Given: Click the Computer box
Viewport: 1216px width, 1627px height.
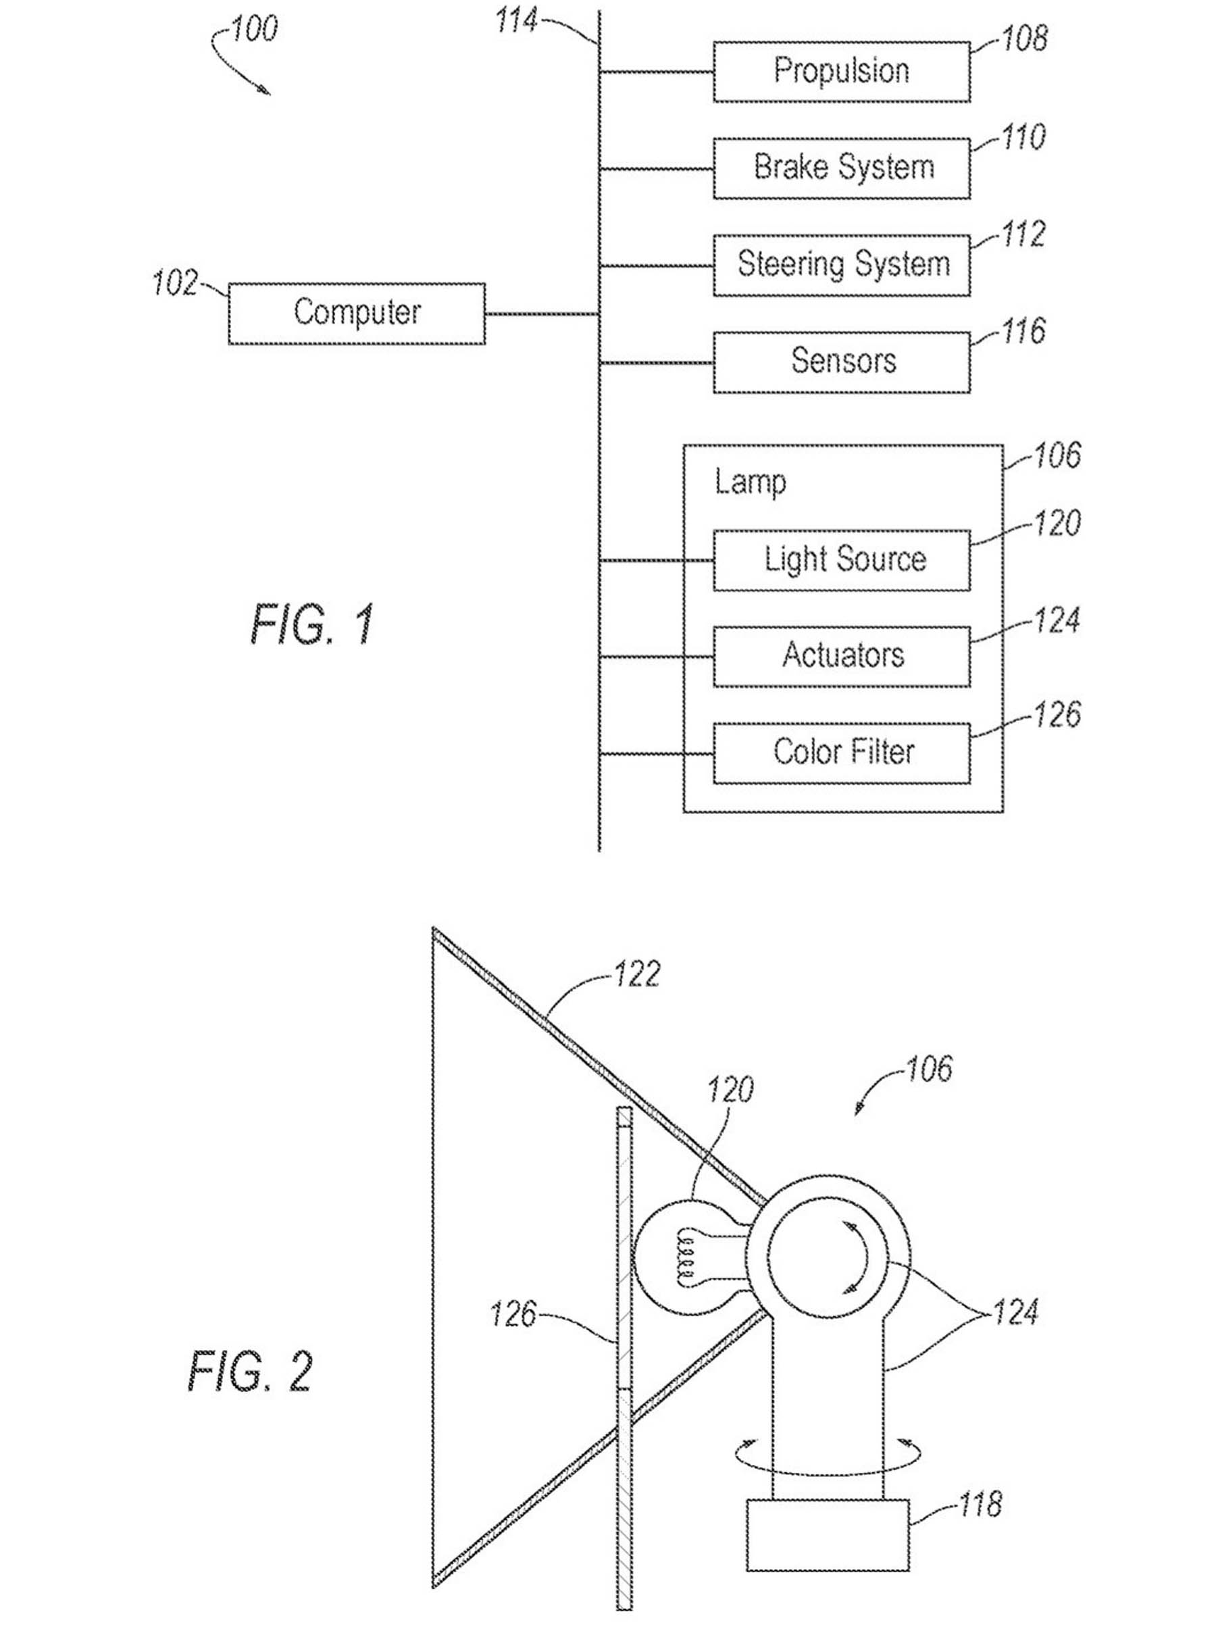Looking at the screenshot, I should (356, 314).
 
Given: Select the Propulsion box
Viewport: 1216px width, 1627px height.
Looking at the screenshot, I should (841, 72).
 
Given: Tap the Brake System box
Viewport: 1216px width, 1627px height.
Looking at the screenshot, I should (841, 168).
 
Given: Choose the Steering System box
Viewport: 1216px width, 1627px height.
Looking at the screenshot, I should (841, 265).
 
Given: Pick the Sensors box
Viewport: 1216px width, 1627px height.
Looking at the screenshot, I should (841, 362).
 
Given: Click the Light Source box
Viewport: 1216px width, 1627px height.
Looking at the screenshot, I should (841, 559).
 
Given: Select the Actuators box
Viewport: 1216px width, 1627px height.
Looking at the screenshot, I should (841, 656).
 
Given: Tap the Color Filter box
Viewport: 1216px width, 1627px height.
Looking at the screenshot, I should (841, 753).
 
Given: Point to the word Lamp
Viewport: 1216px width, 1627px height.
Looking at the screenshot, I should (750, 483).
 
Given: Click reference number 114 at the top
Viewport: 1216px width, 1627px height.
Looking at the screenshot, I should (515, 20).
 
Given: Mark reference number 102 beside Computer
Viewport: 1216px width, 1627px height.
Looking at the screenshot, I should (174, 283).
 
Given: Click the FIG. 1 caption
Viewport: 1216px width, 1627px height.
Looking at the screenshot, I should (313, 624).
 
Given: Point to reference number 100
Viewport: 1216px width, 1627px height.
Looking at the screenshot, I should (254, 30).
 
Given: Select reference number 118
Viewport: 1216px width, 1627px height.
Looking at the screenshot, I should (980, 1504).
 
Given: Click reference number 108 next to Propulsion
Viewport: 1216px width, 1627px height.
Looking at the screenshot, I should (1024, 39).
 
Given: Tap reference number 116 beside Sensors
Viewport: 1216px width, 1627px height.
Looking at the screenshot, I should (1023, 331).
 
